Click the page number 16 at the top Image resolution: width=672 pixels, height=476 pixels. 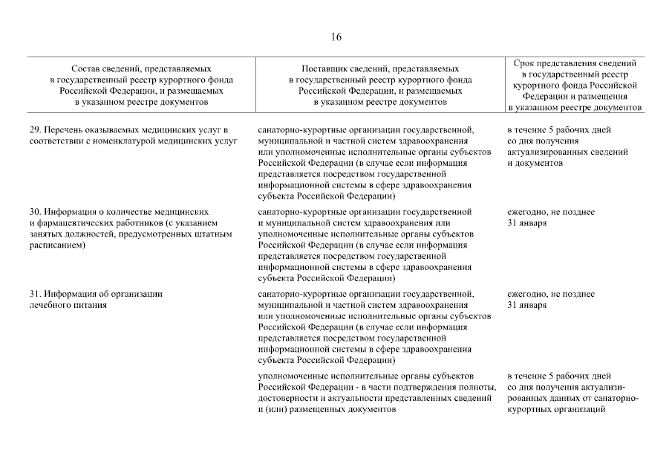pyautogui.click(x=336, y=37)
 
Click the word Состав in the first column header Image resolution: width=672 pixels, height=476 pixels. pyautogui.click(x=86, y=68)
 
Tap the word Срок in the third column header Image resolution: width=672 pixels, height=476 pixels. pyautogui.click(x=526, y=63)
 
